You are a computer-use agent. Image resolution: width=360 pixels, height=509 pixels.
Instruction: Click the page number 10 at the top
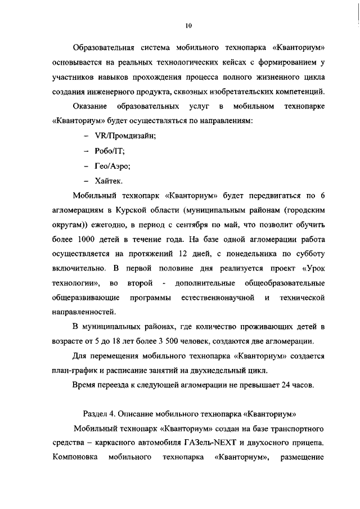[188, 25]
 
